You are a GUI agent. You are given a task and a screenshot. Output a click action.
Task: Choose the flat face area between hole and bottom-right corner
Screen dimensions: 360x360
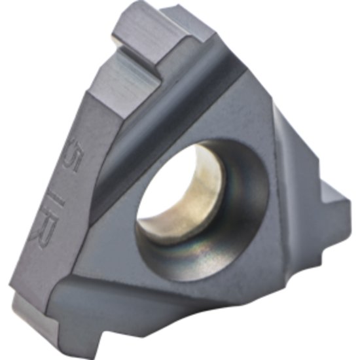(x=262, y=288)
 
